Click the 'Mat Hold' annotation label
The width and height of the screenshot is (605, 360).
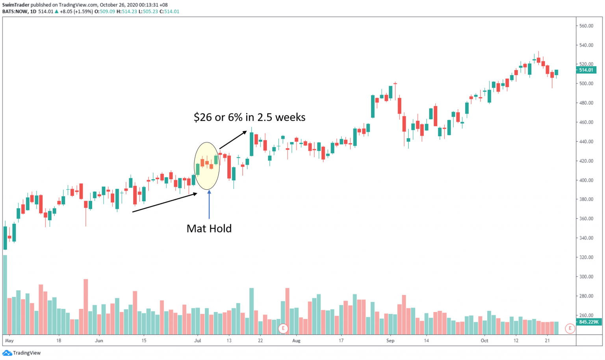209,228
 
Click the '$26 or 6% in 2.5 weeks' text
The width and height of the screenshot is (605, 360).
249,117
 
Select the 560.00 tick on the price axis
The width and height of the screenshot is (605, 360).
586,26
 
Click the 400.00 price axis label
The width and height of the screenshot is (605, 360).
586,180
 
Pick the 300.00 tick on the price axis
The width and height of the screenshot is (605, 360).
586,277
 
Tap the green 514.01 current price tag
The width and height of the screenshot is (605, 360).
586,70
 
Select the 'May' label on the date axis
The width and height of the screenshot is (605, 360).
9,341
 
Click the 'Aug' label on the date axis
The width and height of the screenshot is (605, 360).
296,341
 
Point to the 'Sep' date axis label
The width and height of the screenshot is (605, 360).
390,341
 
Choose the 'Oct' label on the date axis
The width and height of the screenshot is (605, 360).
484,341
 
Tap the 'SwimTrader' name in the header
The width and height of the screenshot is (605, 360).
16,5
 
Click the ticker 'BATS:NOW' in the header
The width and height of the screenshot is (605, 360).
15,11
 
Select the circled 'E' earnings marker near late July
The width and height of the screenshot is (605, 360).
283,328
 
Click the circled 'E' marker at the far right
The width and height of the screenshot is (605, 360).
570,328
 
